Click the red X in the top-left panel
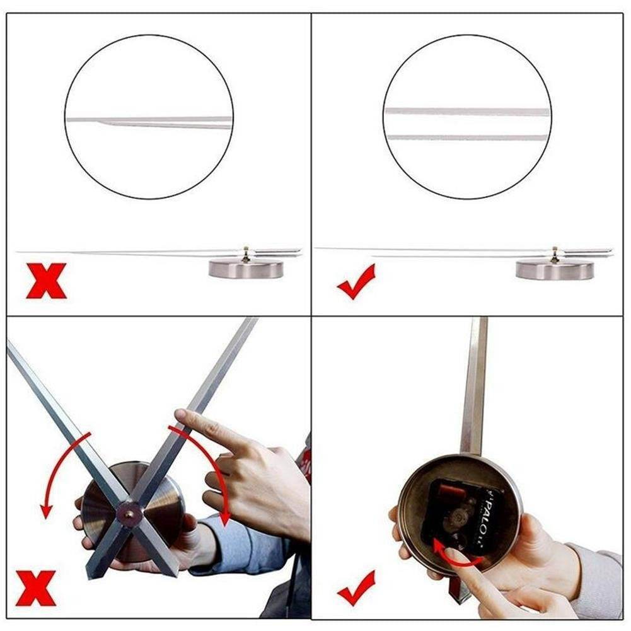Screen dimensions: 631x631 (46, 281)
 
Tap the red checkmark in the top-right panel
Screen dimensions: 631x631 (356, 281)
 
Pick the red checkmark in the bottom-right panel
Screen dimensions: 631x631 (356, 588)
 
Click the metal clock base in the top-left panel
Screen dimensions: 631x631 (246, 269)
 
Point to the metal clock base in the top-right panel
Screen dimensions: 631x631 (554, 270)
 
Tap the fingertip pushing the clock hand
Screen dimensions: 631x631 (181, 417)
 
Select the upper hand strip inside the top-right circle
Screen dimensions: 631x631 (466, 112)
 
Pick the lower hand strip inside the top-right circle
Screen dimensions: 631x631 (466, 137)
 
